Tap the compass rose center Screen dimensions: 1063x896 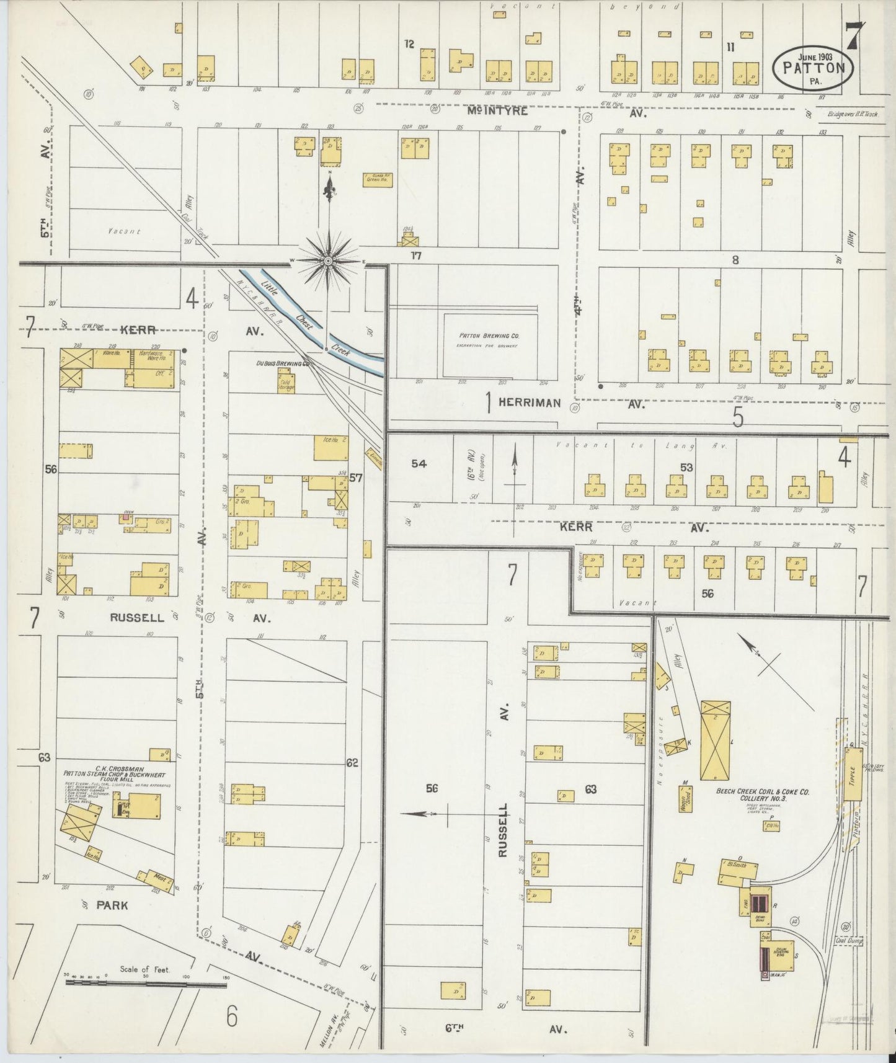point(328,261)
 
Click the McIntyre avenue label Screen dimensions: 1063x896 point(498,112)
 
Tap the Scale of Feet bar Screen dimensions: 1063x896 point(146,984)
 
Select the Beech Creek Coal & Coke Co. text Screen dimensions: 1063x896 point(763,792)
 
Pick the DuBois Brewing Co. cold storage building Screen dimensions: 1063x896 point(286,383)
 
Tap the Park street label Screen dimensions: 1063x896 point(112,905)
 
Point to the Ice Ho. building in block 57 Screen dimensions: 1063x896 point(330,447)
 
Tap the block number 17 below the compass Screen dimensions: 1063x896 point(415,255)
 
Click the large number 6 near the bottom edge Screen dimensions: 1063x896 point(231,1016)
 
